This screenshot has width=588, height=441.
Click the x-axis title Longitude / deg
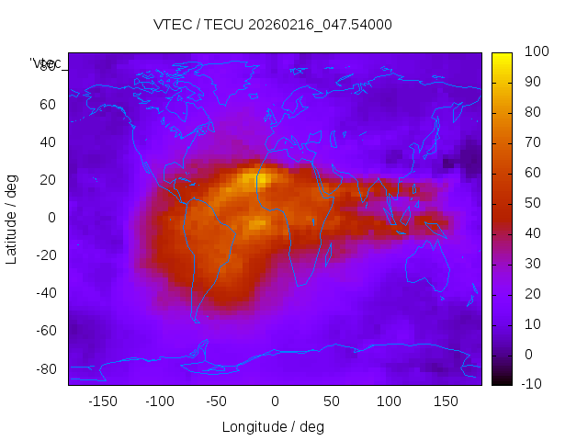273,426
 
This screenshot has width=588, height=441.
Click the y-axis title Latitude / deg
12,218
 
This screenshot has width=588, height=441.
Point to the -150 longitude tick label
102,401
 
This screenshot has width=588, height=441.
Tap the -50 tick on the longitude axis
217,401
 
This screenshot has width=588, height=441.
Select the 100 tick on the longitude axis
389,401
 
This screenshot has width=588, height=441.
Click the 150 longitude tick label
446,401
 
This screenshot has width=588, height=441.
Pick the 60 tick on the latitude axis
49,104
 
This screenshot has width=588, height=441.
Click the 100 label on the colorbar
536,52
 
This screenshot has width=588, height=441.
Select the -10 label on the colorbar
533,384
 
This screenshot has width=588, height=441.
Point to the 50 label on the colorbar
531,203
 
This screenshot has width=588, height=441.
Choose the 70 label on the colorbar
531,142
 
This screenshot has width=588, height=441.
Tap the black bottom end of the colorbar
502,380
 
